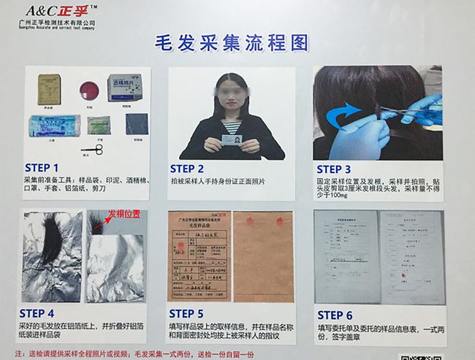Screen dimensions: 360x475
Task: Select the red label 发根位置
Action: pos(125,215)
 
